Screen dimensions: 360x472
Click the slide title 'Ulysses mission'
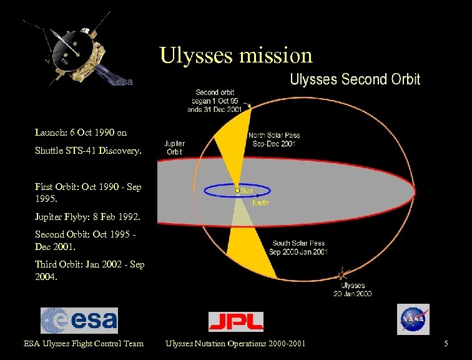[235, 55]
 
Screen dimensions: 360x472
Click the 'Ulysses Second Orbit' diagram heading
[355, 79]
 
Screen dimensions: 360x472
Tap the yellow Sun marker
[238, 190]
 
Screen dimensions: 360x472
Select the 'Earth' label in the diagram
[260, 202]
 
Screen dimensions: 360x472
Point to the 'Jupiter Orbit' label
[174, 147]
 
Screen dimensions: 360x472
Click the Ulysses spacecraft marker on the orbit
[341, 274]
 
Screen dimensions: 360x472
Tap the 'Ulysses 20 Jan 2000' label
[353, 289]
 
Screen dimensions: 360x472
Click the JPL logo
[235, 321]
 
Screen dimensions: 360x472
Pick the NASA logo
[413, 319]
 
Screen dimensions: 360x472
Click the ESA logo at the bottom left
[79, 321]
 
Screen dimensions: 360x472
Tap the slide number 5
[446, 343]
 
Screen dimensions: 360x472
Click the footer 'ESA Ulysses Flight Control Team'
[84, 343]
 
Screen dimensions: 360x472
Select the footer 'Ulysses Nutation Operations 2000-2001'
[235, 343]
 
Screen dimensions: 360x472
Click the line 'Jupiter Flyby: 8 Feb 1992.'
[88, 218]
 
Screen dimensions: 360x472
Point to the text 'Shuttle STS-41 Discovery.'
[89, 151]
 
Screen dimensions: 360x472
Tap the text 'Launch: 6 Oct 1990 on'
[81, 132]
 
